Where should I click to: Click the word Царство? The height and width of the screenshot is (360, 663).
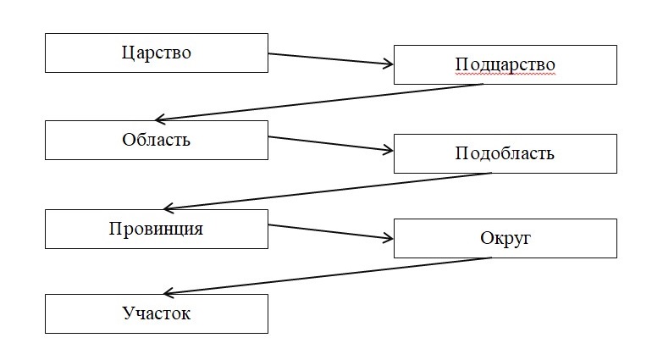coord(156,53)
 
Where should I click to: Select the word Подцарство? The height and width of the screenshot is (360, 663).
coord(505,65)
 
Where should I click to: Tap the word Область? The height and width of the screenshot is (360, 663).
coord(156,140)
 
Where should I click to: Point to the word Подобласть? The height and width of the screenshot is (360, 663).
coord(505,153)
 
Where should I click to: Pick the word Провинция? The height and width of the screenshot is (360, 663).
coord(156,229)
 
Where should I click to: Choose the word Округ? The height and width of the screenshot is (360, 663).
coord(505,238)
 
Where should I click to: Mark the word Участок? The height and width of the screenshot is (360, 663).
coord(156,314)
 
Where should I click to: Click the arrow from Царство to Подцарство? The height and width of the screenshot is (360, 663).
coord(330,59)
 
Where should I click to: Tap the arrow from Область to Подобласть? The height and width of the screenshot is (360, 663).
coord(330,143)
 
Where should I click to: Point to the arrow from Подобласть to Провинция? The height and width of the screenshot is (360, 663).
coord(326,191)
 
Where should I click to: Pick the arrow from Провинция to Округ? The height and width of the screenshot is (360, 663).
coord(330,231)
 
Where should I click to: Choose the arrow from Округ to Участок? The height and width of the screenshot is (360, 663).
coord(326,275)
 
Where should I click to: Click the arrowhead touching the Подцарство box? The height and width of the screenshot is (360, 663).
coord(389,64)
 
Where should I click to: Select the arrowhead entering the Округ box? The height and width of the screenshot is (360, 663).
coord(389,237)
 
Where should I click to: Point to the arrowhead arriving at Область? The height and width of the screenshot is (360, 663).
coord(161,119)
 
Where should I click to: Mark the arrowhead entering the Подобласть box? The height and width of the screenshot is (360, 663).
coord(389,151)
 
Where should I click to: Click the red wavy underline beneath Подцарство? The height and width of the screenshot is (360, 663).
coord(505,75)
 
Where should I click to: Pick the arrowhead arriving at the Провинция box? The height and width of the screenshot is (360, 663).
coord(169,208)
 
